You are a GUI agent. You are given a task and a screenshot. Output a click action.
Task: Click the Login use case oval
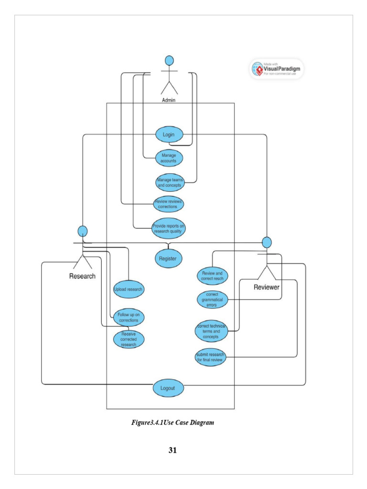[x=169, y=135]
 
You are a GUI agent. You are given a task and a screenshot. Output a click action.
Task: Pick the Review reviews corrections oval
[x=169, y=204]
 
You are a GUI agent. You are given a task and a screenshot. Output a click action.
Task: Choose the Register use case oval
[x=168, y=259]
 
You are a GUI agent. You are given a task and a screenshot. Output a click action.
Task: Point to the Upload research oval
[x=129, y=289]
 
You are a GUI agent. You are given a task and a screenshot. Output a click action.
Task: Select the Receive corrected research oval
[x=129, y=338]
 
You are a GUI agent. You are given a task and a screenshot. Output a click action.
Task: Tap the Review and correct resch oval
[x=213, y=276]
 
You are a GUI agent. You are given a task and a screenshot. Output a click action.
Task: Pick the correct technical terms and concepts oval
[x=211, y=330]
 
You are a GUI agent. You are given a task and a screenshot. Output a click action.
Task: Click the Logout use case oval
[x=168, y=388]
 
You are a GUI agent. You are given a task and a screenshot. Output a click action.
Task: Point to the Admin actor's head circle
[x=169, y=61]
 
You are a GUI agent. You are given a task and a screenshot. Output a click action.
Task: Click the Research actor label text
[x=82, y=276]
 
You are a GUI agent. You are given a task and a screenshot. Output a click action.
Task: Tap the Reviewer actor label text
[x=266, y=287]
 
